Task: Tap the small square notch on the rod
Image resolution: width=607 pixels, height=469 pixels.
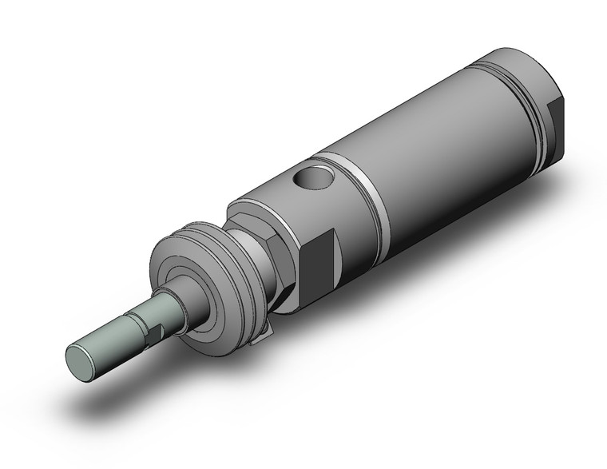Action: tap(154, 328)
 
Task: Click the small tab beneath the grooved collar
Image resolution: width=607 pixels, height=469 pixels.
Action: tap(257, 340)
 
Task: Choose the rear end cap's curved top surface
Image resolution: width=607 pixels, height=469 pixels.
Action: tap(511, 60)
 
